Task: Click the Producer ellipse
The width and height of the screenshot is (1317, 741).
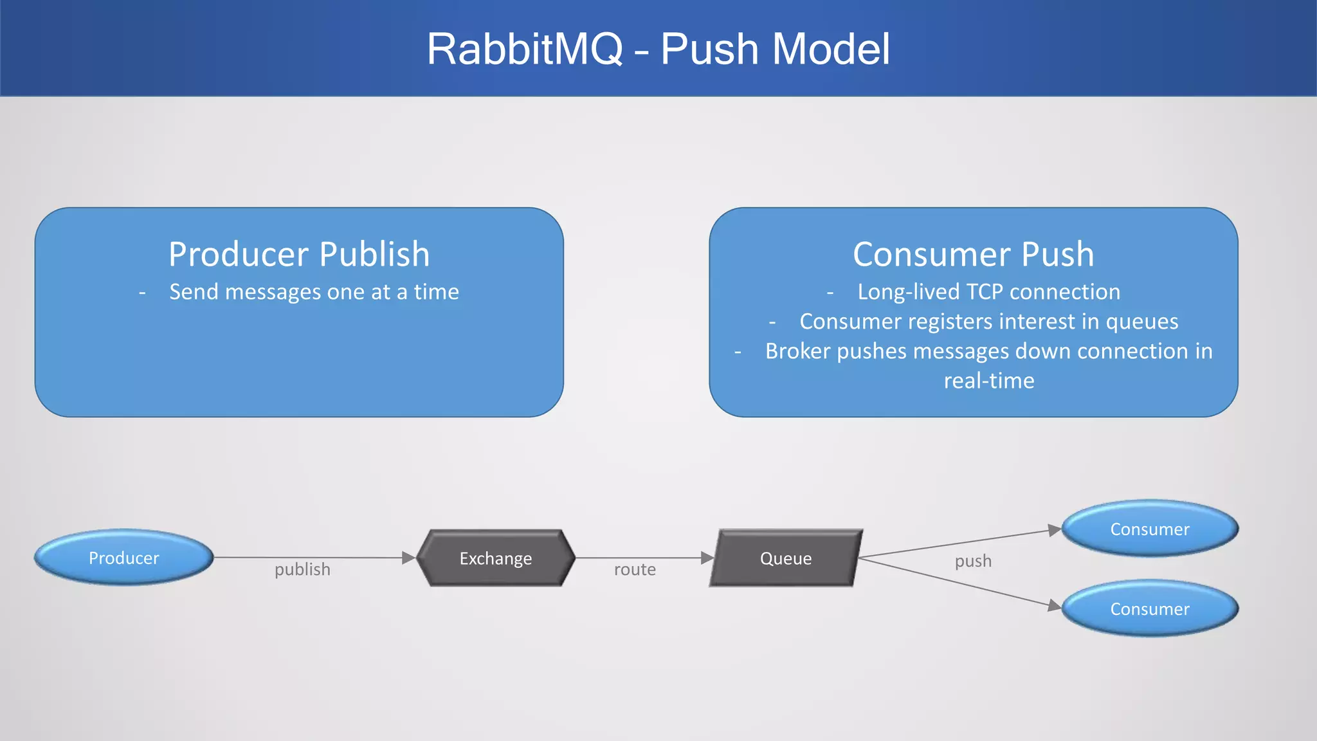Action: point(123,558)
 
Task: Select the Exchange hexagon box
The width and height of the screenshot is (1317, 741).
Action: point(495,558)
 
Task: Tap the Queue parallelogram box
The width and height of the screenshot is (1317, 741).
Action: point(785,558)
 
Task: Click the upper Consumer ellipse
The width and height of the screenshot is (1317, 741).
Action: point(1149,529)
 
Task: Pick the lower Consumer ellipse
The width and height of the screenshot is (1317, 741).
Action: point(1149,608)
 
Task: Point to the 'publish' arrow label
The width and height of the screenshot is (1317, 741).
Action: point(302,569)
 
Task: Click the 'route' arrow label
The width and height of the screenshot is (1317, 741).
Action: point(635,569)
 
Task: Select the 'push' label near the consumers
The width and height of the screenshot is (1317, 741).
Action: point(973,561)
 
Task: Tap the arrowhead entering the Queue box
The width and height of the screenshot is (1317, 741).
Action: point(707,558)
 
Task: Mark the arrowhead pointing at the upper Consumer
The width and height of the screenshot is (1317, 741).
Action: point(1055,530)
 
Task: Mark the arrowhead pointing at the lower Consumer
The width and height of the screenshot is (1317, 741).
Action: point(1055,605)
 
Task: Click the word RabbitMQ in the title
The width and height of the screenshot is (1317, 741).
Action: point(525,49)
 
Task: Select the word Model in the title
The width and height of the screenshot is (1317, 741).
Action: point(830,49)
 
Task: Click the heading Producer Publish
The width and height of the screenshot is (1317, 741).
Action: point(299,254)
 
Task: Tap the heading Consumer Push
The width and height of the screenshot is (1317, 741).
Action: point(973,254)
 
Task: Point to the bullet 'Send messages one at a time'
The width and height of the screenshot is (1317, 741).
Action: point(314,292)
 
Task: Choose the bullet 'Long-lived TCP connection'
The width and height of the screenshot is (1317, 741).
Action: point(988,292)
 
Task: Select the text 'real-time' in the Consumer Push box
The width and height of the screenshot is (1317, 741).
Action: point(988,381)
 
